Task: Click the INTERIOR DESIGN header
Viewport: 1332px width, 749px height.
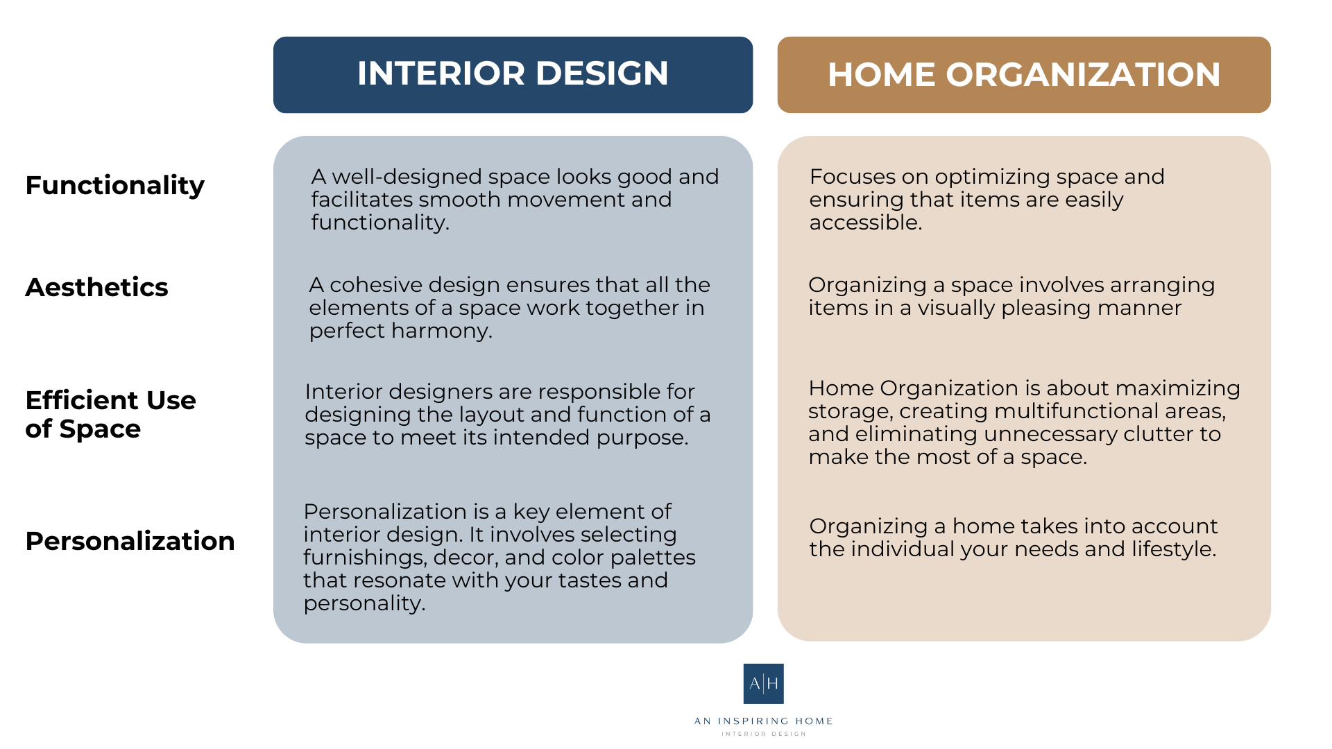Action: click(x=513, y=74)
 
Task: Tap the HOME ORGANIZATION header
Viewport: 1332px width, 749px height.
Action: click(x=1023, y=75)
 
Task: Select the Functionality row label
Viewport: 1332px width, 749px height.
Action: click(x=114, y=185)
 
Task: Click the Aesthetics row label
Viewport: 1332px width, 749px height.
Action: click(x=96, y=287)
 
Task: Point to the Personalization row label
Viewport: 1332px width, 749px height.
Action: click(x=130, y=541)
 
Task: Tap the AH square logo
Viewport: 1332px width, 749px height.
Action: click(x=763, y=684)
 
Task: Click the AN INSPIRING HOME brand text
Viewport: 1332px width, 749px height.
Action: click(x=763, y=721)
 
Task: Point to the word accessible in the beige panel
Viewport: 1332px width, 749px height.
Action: click(x=864, y=223)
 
